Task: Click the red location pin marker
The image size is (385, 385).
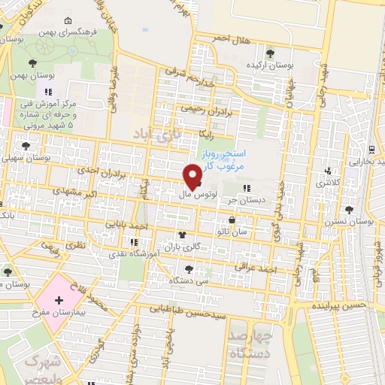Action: (x=192, y=176)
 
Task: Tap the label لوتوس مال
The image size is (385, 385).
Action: (x=198, y=194)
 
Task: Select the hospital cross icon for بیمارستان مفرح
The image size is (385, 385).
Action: (x=59, y=299)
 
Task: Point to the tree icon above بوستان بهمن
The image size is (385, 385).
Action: (x=31, y=64)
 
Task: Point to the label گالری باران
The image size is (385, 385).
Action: (x=183, y=247)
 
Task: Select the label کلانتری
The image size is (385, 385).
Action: (x=327, y=183)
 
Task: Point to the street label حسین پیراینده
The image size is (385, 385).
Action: (x=344, y=306)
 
